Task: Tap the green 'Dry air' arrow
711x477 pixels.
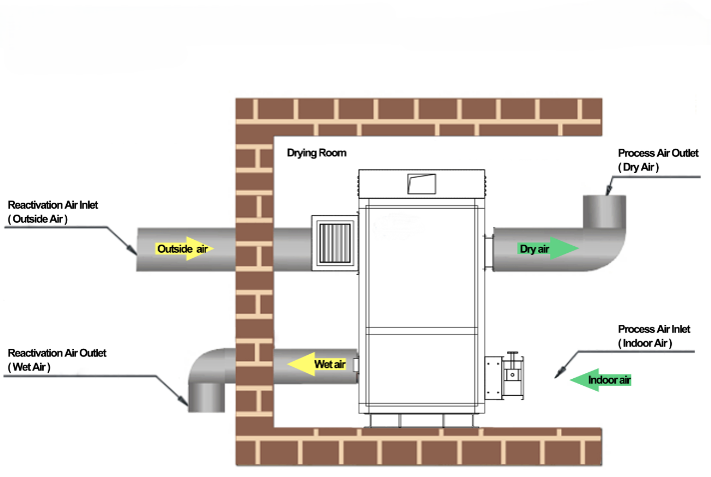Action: (547, 249)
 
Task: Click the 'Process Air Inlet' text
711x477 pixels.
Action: (654, 329)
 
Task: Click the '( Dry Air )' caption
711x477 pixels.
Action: (639, 167)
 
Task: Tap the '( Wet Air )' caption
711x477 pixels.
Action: (30, 367)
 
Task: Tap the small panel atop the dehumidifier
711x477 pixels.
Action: (420, 183)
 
